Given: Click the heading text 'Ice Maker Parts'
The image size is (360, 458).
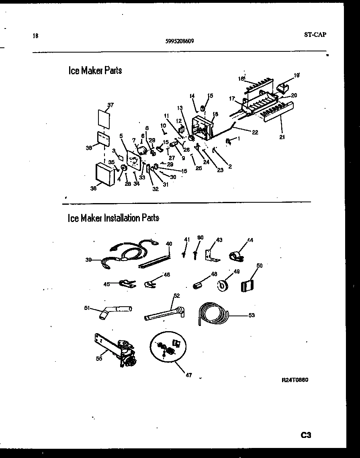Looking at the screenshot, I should click(95, 71).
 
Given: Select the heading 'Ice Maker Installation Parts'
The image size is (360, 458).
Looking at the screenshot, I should click(113, 218).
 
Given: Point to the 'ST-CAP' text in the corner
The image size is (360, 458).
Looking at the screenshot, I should click(315, 35).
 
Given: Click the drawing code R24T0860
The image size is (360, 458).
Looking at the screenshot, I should click(295, 380).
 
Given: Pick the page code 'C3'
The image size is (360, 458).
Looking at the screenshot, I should click(306, 435).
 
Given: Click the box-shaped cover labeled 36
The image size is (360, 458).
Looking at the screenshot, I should click(106, 174).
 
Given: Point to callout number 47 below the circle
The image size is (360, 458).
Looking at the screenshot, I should click(189, 375).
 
